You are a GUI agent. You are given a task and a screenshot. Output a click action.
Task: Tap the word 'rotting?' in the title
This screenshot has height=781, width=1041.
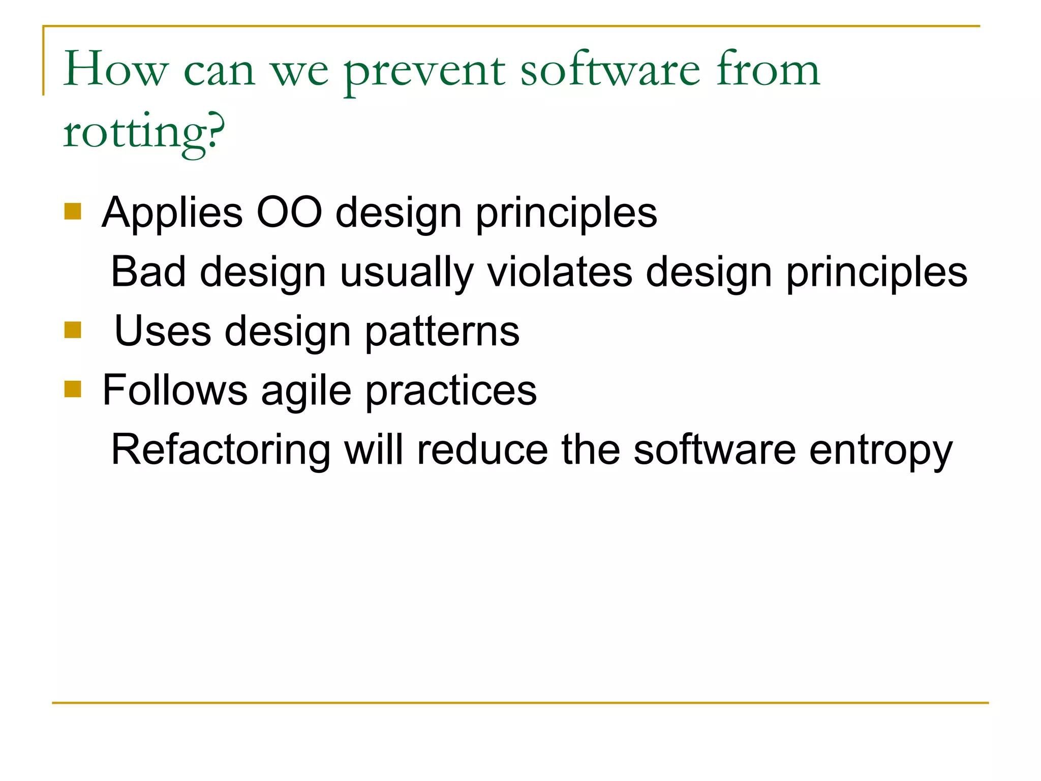(x=143, y=133)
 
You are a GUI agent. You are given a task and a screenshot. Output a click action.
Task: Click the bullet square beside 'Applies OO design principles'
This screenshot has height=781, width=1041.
(x=73, y=212)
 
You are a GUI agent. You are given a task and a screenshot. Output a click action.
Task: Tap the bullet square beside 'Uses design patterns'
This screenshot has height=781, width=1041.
(x=73, y=331)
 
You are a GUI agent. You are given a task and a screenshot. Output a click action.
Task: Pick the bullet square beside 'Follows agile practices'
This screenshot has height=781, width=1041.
(x=73, y=389)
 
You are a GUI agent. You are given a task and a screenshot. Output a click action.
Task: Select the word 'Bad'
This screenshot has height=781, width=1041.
(x=148, y=272)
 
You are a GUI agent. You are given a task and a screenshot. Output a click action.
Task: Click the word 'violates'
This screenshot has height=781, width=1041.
(x=560, y=272)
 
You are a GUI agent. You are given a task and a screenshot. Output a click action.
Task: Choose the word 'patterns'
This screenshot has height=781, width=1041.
(x=442, y=332)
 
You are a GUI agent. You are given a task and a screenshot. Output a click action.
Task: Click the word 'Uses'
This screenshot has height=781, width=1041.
(x=163, y=331)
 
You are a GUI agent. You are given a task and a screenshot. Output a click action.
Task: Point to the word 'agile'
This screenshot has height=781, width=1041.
(x=306, y=392)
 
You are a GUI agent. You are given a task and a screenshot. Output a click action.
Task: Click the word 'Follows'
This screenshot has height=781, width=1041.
(x=175, y=390)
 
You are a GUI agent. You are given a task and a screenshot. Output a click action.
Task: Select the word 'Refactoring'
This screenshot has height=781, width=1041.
(x=221, y=450)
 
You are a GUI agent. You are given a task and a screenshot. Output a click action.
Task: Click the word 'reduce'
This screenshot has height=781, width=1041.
(x=482, y=450)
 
